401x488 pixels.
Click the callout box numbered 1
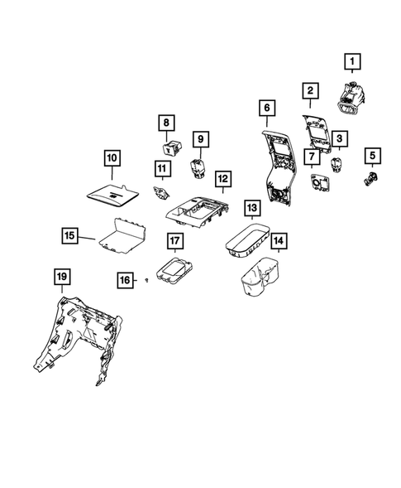click(353, 61)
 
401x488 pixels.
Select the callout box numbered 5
click(372, 155)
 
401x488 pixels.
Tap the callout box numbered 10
click(112, 157)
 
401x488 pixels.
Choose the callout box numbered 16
click(125, 281)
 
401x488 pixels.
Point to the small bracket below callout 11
click(161, 193)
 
